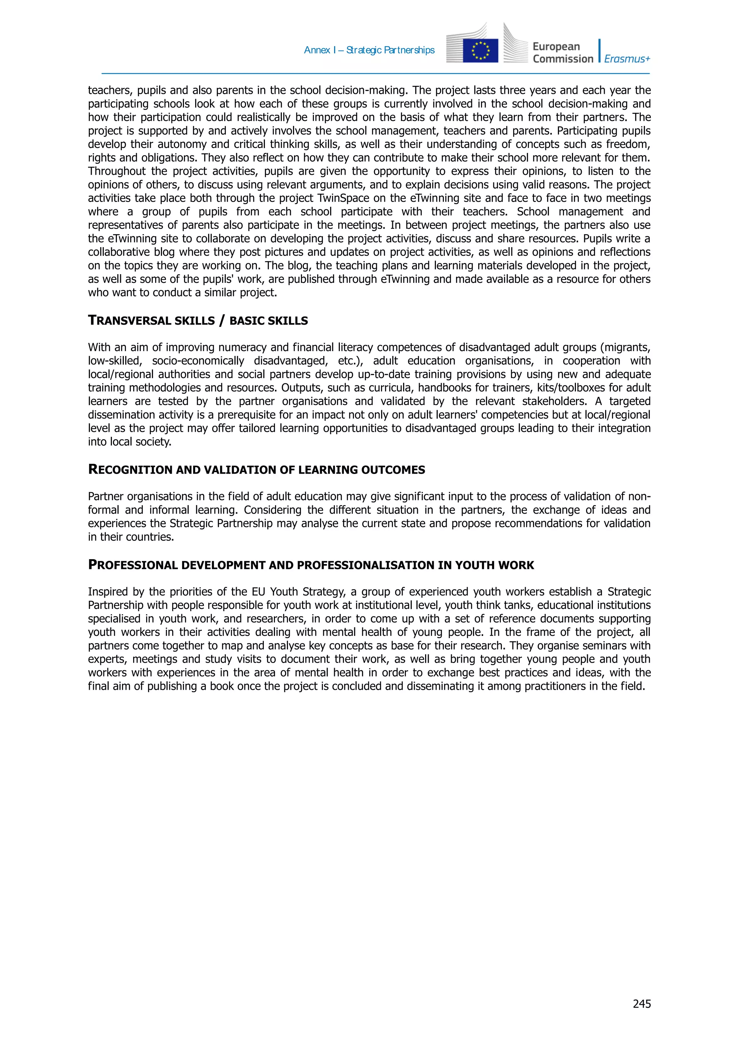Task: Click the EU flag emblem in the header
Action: (x=480, y=51)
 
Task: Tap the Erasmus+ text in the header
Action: (x=627, y=59)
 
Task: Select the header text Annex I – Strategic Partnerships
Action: (x=369, y=50)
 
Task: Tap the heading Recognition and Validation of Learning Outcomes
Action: (x=256, y=470)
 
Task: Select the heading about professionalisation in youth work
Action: (x=311, y=565)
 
